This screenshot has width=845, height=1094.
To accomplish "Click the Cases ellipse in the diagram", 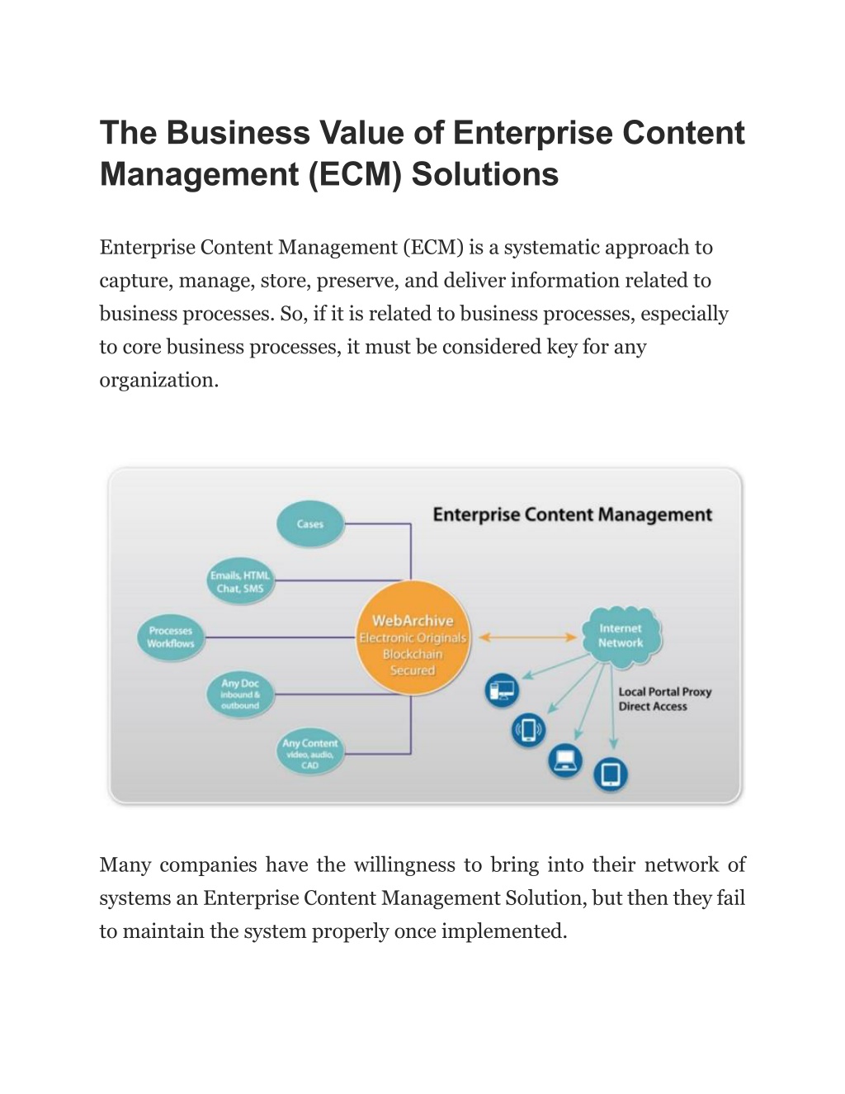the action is click(309, 523).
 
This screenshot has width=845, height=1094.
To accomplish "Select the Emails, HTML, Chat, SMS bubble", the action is click(240, 581).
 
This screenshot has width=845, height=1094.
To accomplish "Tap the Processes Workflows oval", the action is click(171, 637).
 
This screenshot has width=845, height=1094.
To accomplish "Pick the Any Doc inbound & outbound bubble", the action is click(240, 694).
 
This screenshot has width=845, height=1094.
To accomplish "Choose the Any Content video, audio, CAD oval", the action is click(309, 753).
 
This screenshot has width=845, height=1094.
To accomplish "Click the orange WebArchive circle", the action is click(413, 638).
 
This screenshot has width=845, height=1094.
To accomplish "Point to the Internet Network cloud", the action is click(621, 637).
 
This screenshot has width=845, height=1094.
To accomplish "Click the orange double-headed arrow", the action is click(527, 637).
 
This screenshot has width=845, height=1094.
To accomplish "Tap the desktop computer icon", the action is click(502, 690).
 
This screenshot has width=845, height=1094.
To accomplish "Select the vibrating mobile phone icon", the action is click(528, 730).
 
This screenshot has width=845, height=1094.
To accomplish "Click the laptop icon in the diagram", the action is click(564, 760).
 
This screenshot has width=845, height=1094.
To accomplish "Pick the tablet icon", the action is click(610, 774).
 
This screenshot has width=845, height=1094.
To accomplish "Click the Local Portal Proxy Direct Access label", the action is click(665, 699).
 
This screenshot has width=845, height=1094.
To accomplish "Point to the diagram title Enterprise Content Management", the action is click(573, 514).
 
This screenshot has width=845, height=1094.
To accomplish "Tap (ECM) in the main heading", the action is click(354, 175).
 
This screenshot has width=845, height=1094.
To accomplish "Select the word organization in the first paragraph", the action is click(159, 380).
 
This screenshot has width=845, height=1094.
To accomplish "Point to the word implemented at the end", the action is click(504, 932).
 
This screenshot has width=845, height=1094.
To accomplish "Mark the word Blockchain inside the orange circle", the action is click(413, 654).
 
